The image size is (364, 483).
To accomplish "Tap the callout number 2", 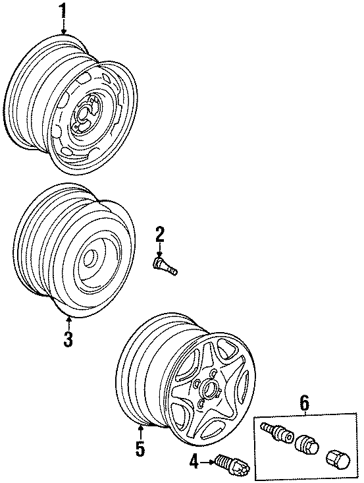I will [x=160, y=233].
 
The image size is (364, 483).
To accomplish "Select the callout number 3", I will [x=68, y=339].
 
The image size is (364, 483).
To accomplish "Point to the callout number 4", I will [x=194, y=463].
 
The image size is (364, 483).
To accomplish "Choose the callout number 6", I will [x=303, y=401].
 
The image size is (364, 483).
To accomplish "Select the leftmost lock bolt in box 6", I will [x=276, y=434].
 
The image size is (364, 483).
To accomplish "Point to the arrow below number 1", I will [x=63, y=26].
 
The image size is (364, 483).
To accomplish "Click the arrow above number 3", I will [x=68, y=323].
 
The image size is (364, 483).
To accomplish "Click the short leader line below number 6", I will [x=303, y=411].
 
